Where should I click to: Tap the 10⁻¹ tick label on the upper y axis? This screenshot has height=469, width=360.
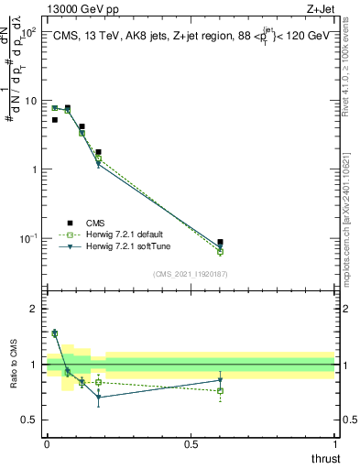tap(27, 239)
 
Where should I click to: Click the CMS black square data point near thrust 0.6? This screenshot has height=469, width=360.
tap(220, 243)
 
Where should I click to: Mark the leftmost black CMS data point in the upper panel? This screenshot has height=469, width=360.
tap(54, 120)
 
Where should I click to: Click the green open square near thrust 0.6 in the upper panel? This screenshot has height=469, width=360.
tap(220, 252)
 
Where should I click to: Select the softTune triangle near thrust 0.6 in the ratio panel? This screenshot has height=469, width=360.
tap(220, 380)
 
